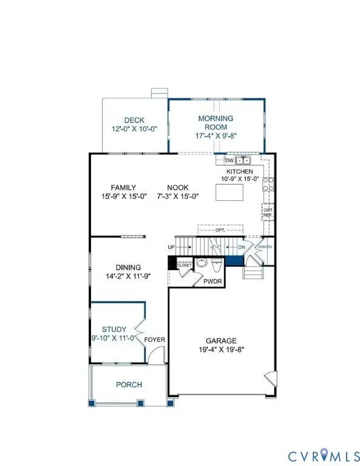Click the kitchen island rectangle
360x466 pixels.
coord(229,192)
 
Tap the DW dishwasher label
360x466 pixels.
coord(229,161)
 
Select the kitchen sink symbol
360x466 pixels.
coord(243,161)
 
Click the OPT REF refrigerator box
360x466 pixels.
coord(267,212)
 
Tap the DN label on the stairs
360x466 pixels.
coord(240,247)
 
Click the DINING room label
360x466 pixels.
coord(129,267)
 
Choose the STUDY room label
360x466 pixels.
coord(114,329)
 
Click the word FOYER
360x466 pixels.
coord(155,340)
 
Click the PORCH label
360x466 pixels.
coord(129,385)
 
